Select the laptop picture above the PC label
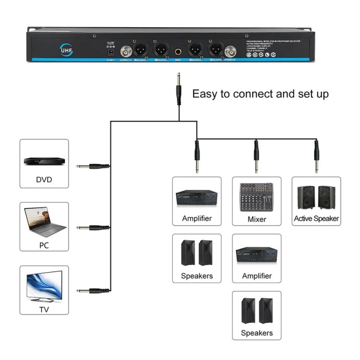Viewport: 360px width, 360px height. pyautogui.click(x=44, y=222)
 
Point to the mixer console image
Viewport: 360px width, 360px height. pyautogui.click(x=256, y=197)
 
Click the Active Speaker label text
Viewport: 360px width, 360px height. pyautogui.click(x=316, y=218)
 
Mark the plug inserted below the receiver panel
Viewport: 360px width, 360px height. pyautogui.click(x=179, y=89)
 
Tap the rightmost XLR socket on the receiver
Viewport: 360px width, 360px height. pyautogui.click(x=216, y=49)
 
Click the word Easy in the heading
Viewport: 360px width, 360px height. pyautogui.click(x=205, y=93)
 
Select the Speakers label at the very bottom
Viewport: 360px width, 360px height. pyautogui.click(x=256, y=333)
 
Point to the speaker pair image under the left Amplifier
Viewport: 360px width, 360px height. pyautogui.click(x=197, y=253)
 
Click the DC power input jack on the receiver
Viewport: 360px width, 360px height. pyautogui.click(x=111, y=50)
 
